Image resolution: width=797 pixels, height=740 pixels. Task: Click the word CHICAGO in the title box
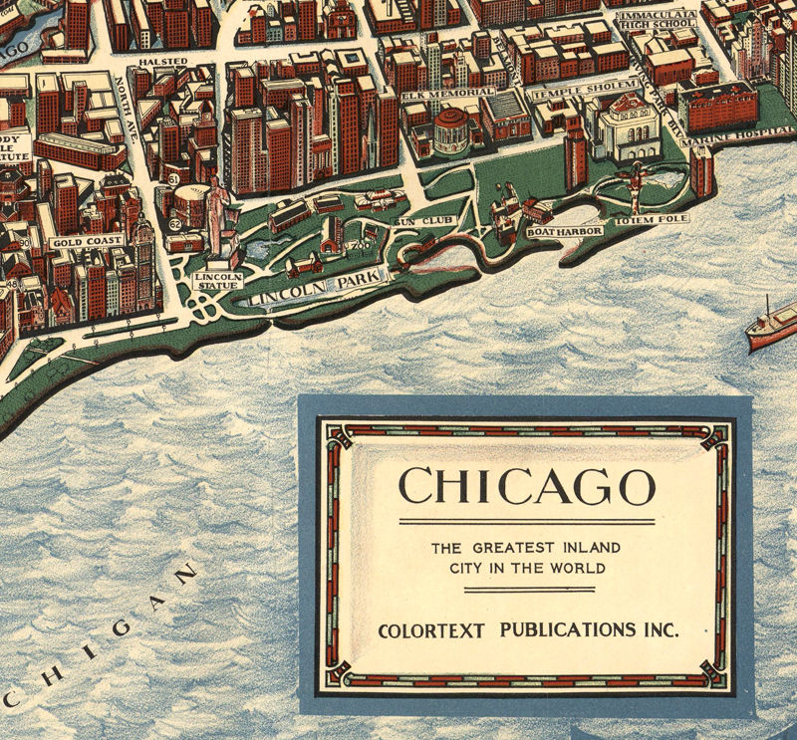(526, 487)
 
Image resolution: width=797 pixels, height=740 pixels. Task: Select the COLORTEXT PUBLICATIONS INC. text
(528, 630)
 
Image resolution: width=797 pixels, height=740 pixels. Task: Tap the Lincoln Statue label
(218, 281)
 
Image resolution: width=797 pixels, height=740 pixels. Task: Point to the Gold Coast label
(88, 241)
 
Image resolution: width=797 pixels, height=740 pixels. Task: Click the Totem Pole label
(651, 218)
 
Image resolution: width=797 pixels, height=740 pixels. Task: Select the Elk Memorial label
(448, 93)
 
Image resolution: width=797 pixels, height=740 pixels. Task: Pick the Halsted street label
(162, 62)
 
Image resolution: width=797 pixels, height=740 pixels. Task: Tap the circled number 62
(174, 224)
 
